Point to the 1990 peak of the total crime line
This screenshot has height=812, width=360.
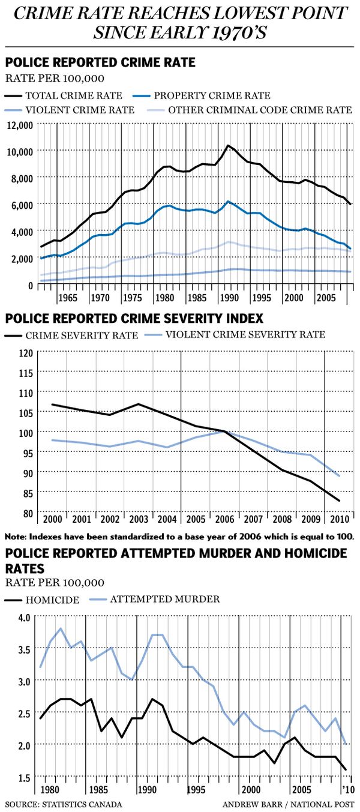click(x=227, y=145)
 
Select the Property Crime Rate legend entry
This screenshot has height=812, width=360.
click(x=212, y=95)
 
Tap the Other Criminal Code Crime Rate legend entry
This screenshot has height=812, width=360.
click(x=259, y=110)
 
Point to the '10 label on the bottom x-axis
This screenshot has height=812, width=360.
click(x=347, y=789)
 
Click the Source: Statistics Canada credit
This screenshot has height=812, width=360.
click(x=64, y=804)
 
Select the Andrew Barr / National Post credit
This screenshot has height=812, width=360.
click(x=288, y=804)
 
